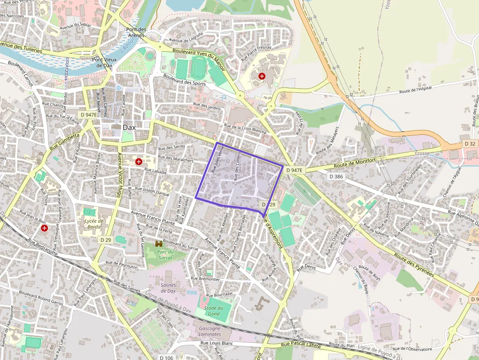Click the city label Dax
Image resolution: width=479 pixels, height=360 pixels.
click(129, 127)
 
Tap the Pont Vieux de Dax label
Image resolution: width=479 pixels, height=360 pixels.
click(104, 63)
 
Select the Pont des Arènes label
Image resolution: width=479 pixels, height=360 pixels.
click(136, 32)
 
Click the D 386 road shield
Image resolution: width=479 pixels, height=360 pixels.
click(336, 176)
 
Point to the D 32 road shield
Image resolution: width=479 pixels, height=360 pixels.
click(470, 144)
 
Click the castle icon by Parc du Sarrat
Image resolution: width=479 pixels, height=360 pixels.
click(159, 243)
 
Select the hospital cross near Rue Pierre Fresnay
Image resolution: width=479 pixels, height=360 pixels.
click(262, 76)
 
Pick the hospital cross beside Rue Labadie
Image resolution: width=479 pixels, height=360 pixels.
click(139, 161)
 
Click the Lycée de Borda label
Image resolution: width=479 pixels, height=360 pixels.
click(94, 223)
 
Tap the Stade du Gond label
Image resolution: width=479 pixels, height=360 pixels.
click(214, 311)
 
